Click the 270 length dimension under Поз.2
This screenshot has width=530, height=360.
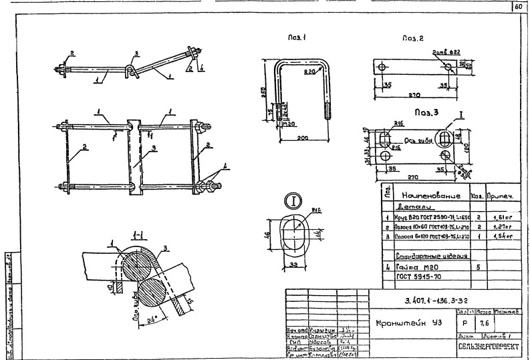[416, 95]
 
